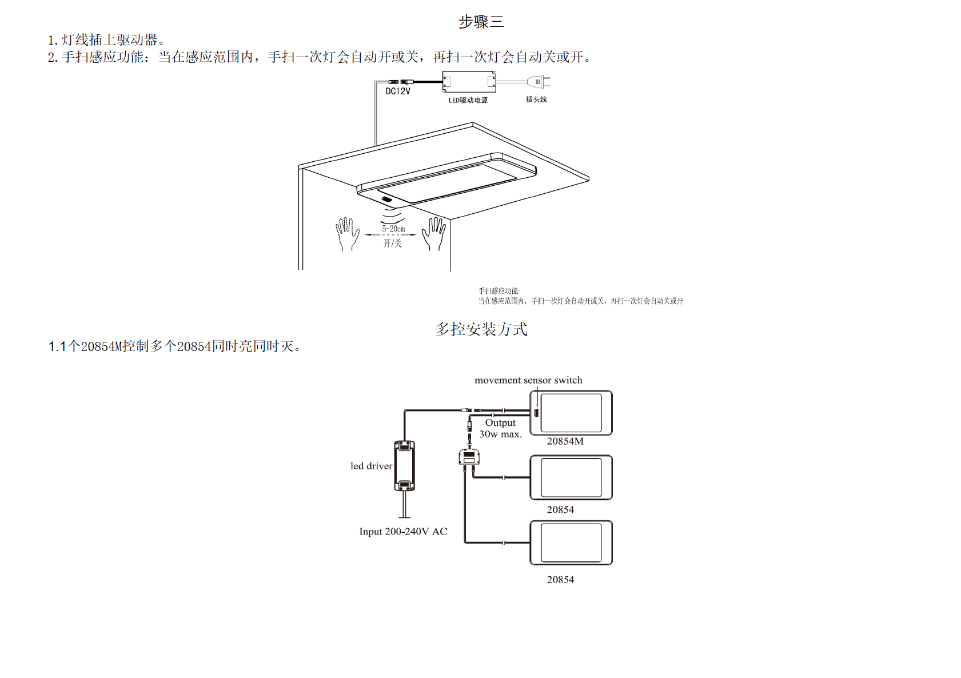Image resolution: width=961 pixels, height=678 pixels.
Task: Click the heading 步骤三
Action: pos(481,22)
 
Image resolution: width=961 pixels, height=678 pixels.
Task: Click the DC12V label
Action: pos(398,91)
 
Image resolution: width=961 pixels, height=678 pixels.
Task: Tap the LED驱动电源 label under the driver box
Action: pos(468,101)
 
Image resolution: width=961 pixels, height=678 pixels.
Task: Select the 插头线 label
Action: pos(536,99)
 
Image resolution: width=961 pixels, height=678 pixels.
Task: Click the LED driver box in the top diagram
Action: pos(469,82)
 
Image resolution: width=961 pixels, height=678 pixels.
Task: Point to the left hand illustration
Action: pos(347,233)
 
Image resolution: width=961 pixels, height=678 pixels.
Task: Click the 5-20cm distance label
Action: pos(393,229)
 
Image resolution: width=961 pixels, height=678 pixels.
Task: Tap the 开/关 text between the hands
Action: pos(392,244)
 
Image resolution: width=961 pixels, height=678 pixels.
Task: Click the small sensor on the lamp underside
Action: pos(387,200)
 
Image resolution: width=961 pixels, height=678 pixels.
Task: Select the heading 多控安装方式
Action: pos(481,329)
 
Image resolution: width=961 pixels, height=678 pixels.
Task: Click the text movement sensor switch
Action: pos(528,380)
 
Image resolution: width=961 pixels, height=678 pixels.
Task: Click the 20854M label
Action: pos(565,441)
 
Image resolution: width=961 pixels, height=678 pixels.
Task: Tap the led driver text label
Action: pos(371,466)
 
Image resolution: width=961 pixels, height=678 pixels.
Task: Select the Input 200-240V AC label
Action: pos(403,532)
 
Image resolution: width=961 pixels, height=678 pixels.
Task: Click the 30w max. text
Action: pos(500,434)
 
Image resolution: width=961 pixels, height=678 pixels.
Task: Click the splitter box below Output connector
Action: pos(469,457)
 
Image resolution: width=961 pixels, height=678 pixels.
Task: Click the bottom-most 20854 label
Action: pos(560,580)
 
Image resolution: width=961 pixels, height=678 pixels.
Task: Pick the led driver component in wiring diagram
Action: pos(404,465)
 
